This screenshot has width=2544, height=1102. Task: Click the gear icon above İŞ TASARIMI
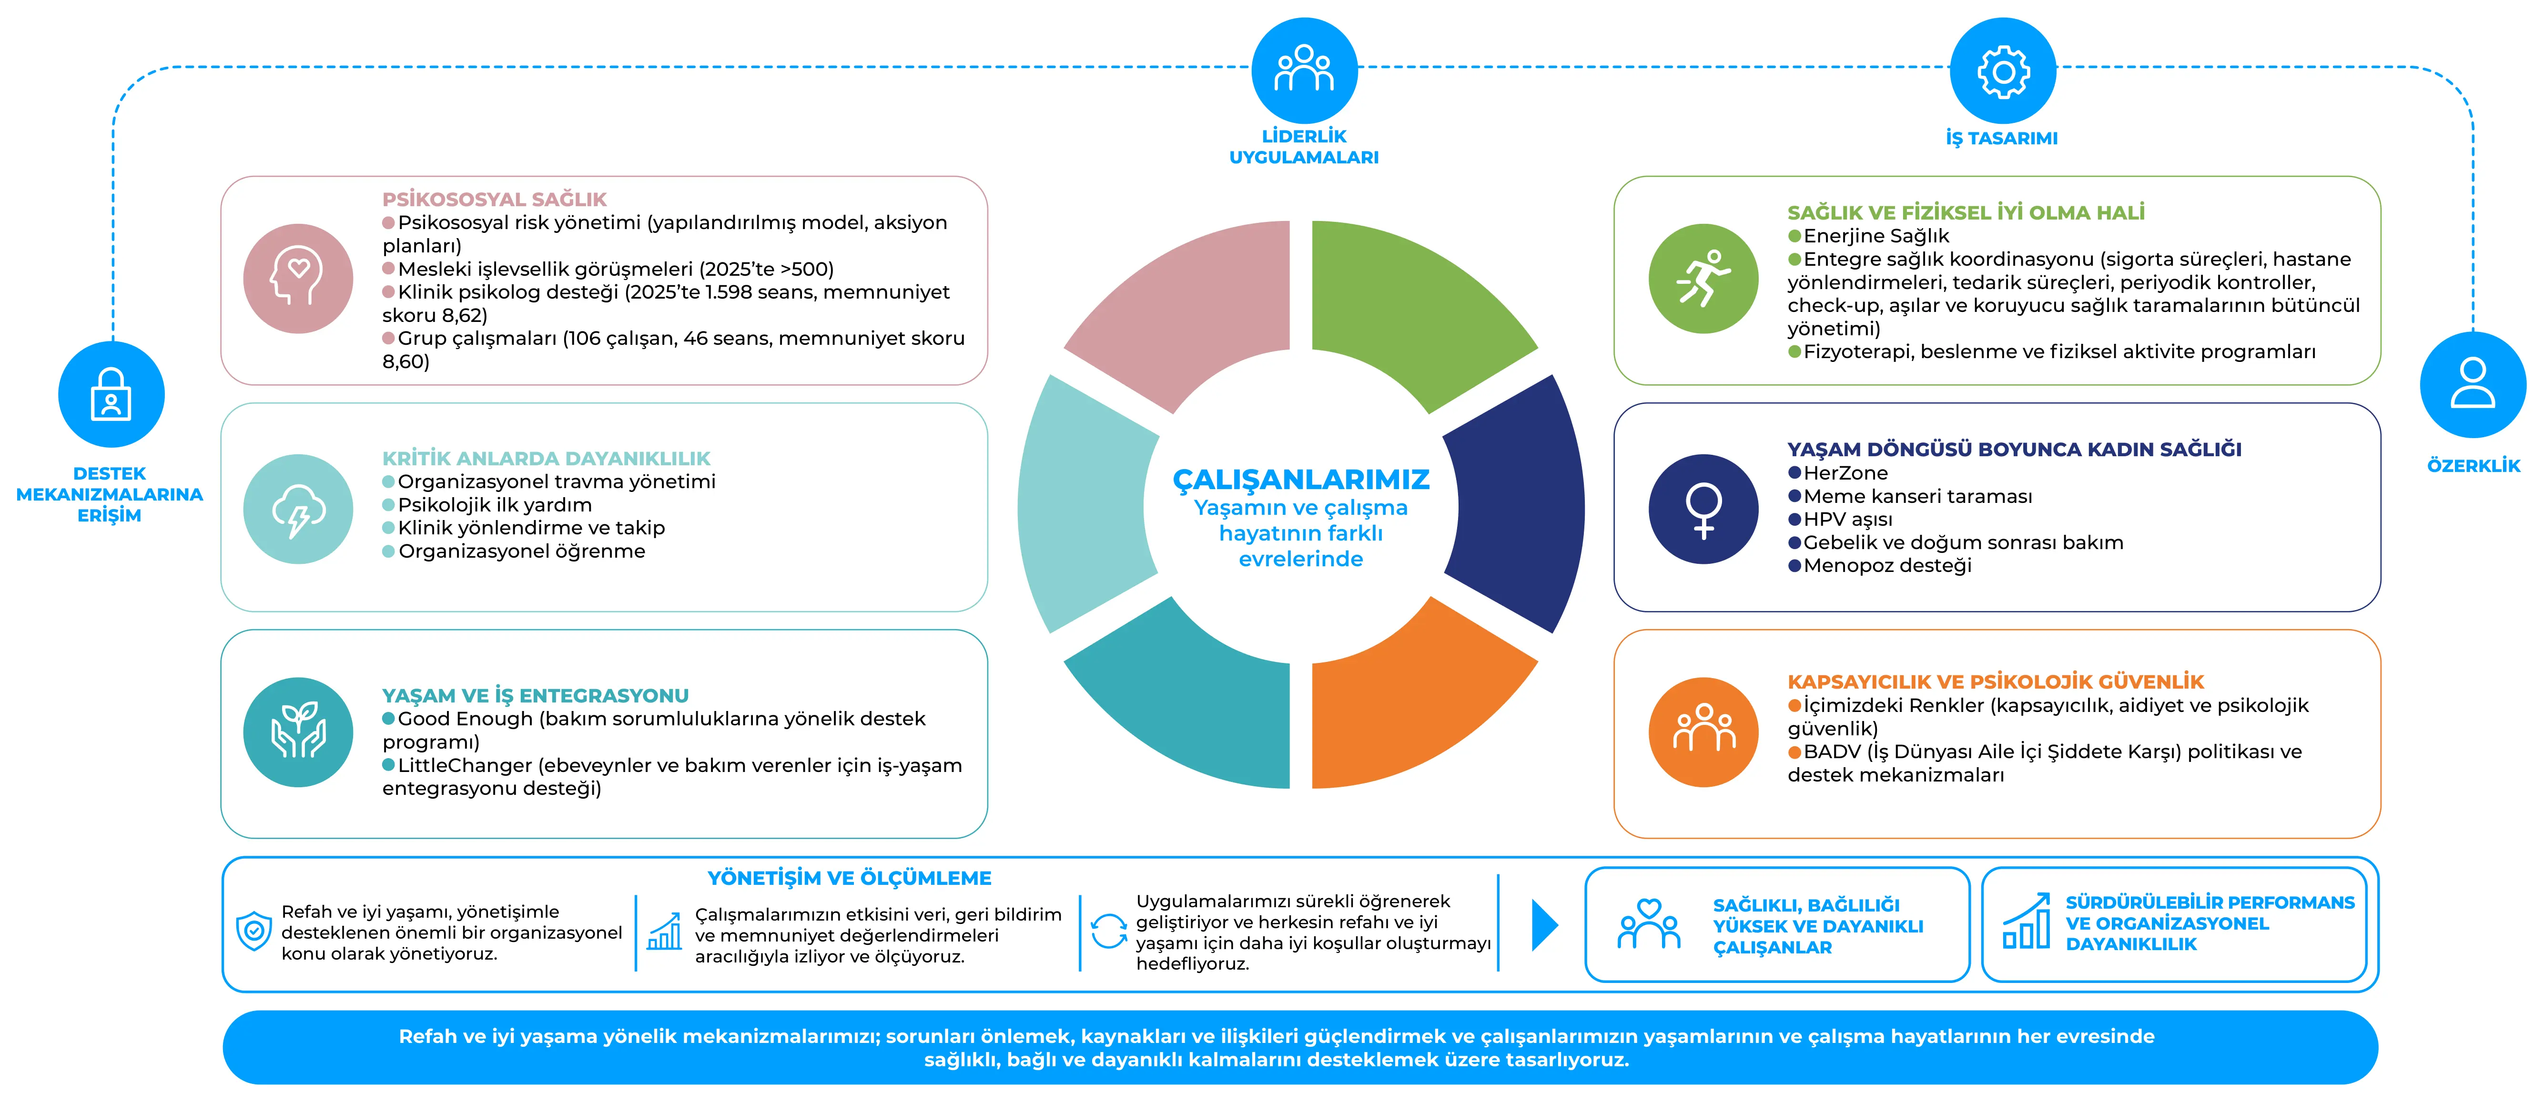[2003, 71]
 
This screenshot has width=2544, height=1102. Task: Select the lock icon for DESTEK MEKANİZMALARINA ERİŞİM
[111, 394]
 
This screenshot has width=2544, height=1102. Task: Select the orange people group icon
[1703, 731]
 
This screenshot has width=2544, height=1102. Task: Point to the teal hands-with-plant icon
[298, 731]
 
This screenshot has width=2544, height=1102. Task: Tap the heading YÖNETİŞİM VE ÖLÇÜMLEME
[849, 878]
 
